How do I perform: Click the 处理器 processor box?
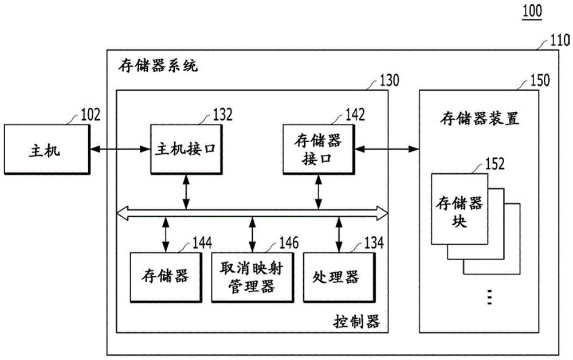tap(336, 277)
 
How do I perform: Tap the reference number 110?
tap(559, 41)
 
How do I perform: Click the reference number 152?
tap(494, 164)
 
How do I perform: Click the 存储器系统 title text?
tap(158, 66)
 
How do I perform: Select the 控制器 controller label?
tap(356, 320)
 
